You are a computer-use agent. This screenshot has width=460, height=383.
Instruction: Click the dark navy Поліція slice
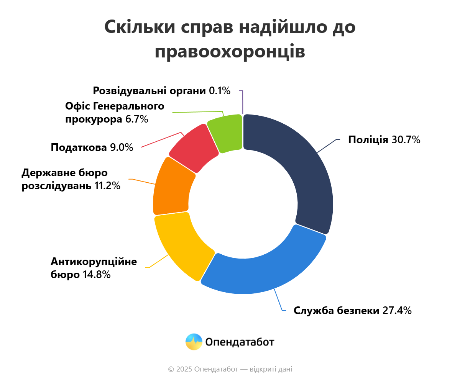307,169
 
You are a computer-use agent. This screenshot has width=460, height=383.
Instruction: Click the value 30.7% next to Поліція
406,140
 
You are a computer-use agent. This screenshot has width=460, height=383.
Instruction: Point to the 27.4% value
397,310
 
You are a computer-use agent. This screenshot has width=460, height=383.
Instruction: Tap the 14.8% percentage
97,275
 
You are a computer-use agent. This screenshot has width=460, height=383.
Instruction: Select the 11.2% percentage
107,186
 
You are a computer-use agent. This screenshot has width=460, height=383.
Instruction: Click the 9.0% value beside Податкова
122,147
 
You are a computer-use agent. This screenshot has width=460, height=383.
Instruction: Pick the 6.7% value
136,119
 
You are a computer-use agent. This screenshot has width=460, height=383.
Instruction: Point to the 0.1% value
220,91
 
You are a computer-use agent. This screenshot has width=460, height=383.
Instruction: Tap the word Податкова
79,147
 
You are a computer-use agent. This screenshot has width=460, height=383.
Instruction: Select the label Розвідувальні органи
149,91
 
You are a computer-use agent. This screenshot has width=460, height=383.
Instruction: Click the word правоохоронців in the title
230,51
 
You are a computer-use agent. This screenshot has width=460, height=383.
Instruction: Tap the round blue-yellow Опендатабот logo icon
194,342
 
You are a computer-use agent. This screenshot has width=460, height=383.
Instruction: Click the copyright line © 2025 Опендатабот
230,369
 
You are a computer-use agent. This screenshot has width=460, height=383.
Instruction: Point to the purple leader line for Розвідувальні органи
243,101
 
